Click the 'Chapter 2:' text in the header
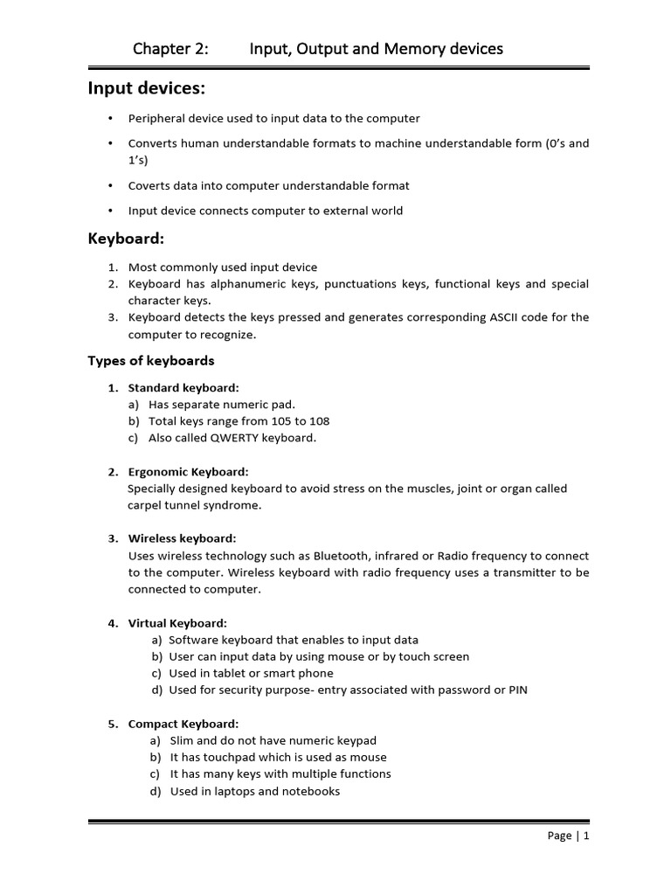(170, 49)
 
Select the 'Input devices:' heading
(146, 88)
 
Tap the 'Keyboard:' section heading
(126, 239)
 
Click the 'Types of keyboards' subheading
(151, 361)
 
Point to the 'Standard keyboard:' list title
(183, 387)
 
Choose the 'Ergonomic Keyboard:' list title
(188, 472)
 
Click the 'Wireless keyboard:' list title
(182, 538)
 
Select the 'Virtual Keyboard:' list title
(177, 623)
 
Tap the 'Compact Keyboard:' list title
(183, 724)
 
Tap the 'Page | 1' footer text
(569, 836)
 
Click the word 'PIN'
(518, 690)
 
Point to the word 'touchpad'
(234, 757)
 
